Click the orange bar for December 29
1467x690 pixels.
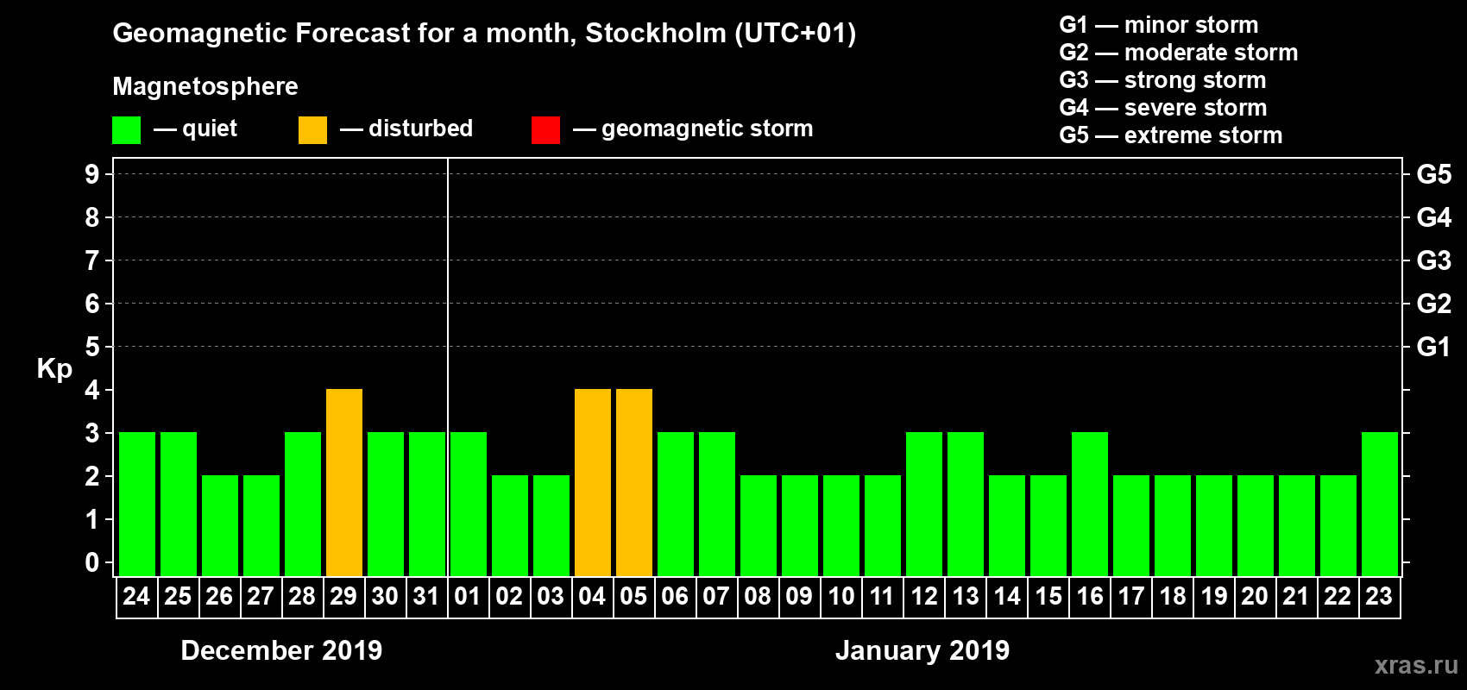click(x=344, y=483)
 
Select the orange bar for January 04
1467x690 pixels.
click(x=593, y=483)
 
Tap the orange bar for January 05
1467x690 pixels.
click(x=634, y=483)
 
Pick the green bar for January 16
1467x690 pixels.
click(x=1090, y=505)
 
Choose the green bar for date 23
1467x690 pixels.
click(x=1380, y=505)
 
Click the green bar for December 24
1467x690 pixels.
click(x=137, y=505)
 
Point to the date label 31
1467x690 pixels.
click(x=426, y=597)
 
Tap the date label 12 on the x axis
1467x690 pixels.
click(x=924, y=597)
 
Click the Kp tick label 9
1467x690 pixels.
click(x=92, y=174)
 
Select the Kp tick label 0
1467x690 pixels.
click(x=92, y=563)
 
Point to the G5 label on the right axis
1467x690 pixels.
click(x=1433, y=174)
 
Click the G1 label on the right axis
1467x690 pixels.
click(x=1433, y=347)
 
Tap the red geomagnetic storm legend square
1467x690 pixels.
click(x=545, y=130)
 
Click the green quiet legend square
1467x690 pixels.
click(x=126, y=130)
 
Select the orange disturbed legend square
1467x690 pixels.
click(x=312, y=130)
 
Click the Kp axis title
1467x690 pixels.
click(x=54, y=369)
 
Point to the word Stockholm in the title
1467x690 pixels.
click(x=656, y=34)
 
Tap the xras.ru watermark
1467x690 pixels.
click(x=1416, y=665)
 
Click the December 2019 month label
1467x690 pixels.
click(x=281, y=650)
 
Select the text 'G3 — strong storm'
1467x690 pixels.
click(x=1162, y=80)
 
